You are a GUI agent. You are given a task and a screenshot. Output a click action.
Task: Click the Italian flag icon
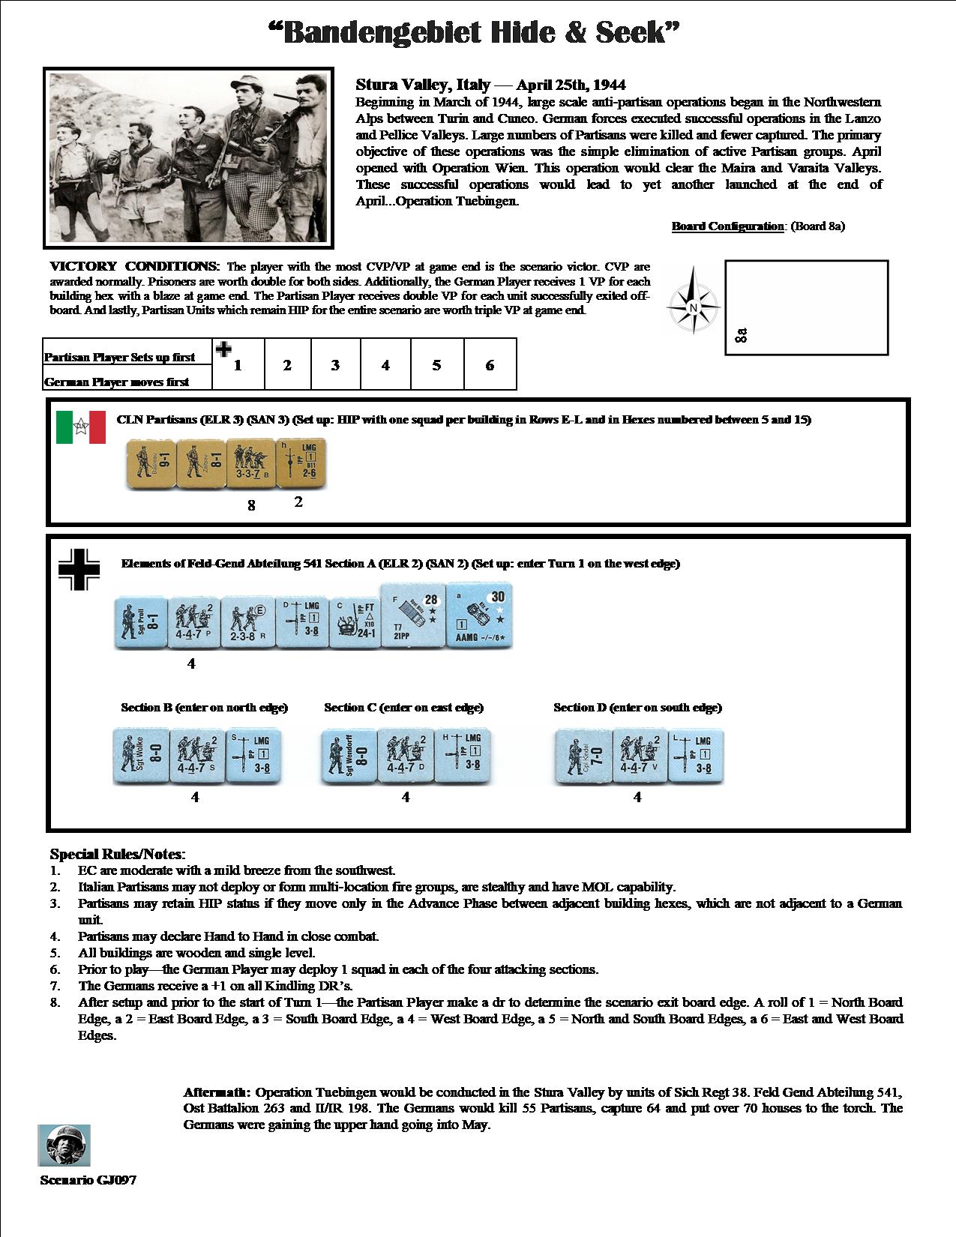point(81,427)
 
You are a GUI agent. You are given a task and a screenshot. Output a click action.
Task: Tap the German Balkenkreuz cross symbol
point(79,569)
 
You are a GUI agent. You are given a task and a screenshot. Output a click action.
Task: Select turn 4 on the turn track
point(385,365)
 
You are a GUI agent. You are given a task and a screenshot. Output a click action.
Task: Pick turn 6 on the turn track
point(490,365)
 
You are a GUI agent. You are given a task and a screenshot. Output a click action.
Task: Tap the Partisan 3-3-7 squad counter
point(251,465)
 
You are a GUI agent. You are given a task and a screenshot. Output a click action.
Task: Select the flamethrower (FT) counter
point(353,622)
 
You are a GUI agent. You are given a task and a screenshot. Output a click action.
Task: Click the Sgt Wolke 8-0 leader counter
point(140,756)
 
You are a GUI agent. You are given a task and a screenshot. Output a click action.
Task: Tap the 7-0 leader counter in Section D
point(583,756)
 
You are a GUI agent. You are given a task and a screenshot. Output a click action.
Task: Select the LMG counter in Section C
point(463,756)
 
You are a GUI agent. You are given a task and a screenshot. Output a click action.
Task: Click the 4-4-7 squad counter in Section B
point(196,756)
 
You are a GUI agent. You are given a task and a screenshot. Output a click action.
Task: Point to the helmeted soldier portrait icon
point(64,1146)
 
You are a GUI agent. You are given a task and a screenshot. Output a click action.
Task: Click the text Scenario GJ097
point(88,1180)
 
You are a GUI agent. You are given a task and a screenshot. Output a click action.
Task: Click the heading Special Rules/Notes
point(116,854)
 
